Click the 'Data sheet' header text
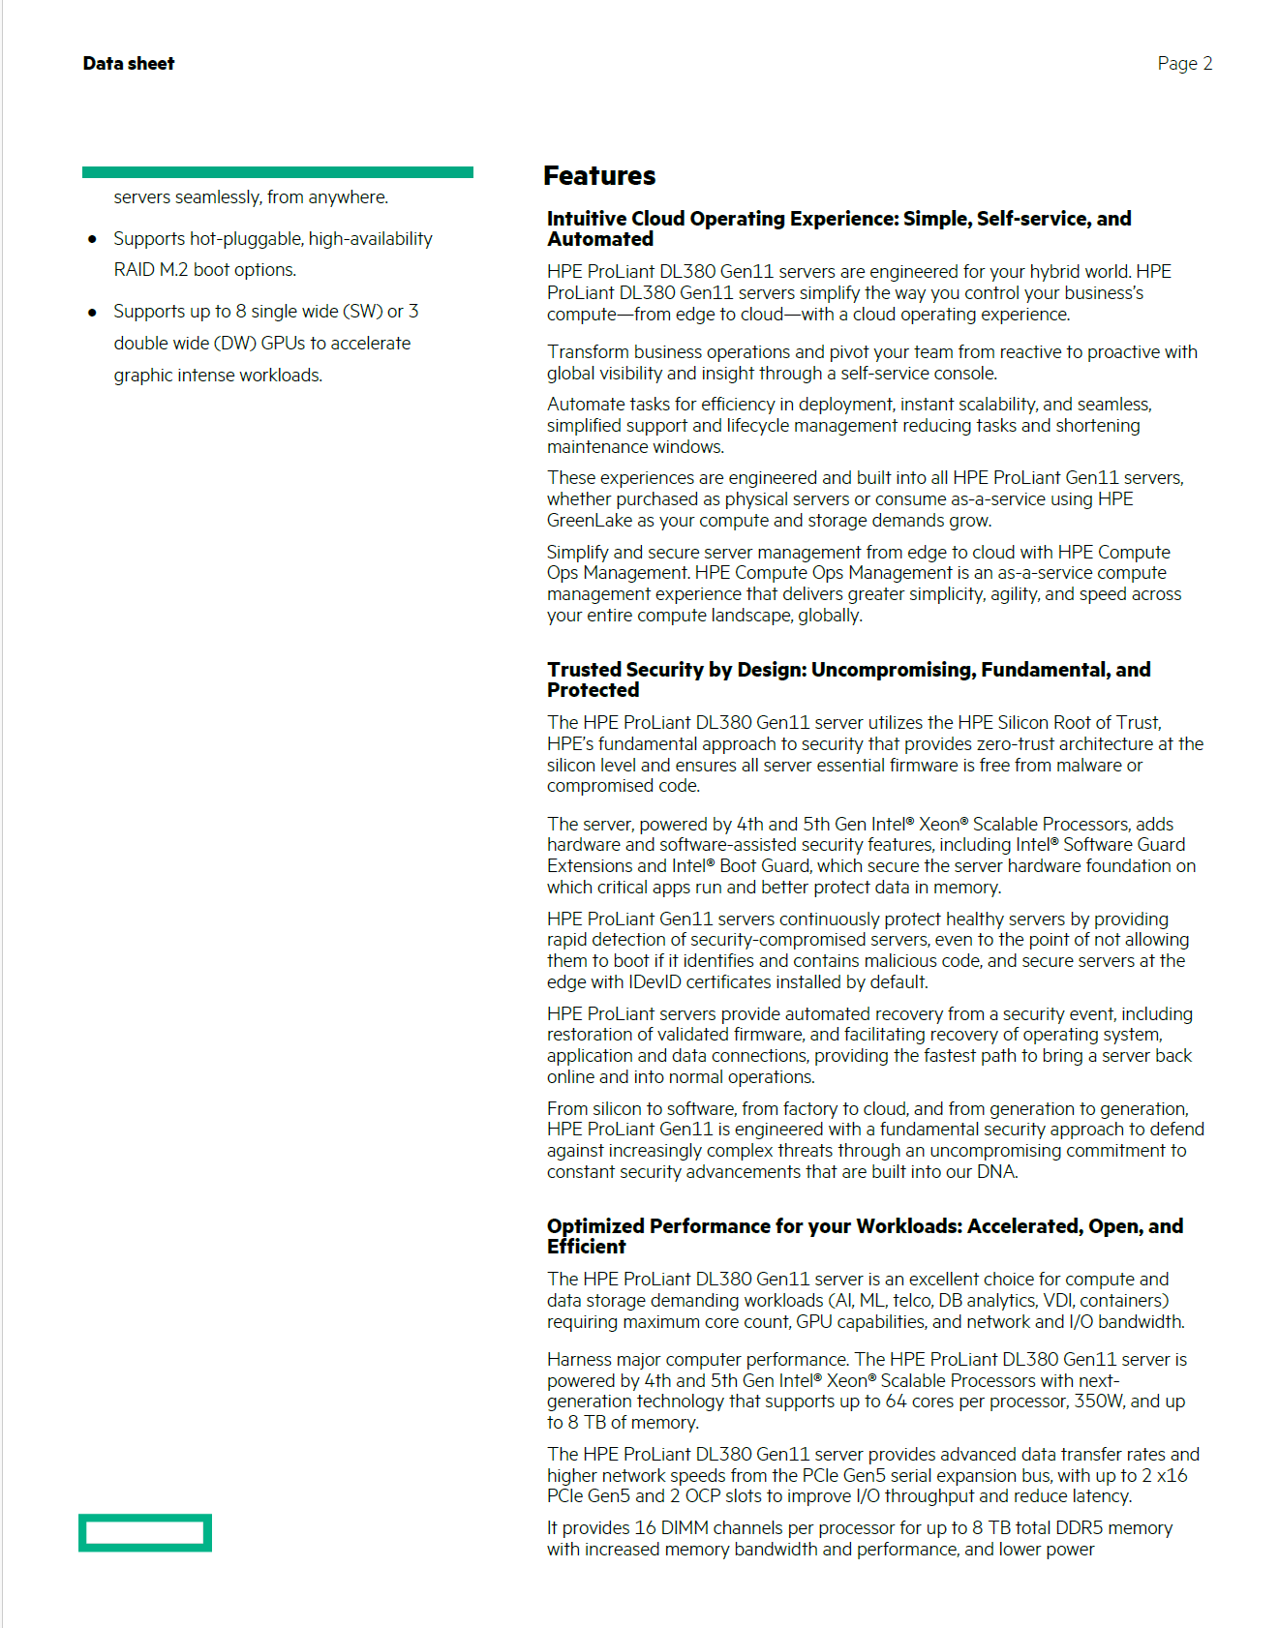click(x=129, y=64)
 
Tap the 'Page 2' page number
click(x=1184, y=64)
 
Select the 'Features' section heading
click(x=599, y=176)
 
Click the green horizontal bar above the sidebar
click(x=278, y=172)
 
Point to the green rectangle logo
click(x=145, y=1532)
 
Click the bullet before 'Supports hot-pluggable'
click(x=92, y=239)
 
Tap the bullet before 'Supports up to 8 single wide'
click(x=92, y=312)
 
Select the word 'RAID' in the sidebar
click(x=134, y=270)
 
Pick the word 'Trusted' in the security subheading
click(x=584, y=670)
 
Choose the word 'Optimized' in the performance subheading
click(x=595, y=1226)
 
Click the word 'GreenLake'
click(x=589, y=521)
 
